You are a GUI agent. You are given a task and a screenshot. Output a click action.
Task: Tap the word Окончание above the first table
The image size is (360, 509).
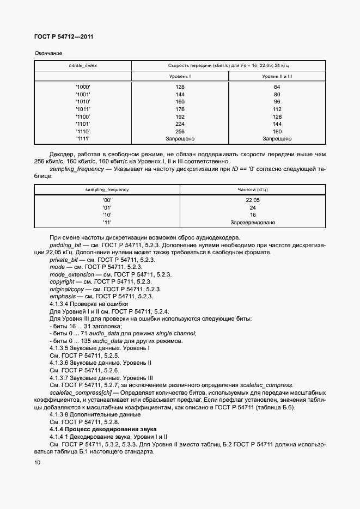tap(48, 53)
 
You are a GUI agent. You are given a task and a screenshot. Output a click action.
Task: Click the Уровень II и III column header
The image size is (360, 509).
tap(277, 77)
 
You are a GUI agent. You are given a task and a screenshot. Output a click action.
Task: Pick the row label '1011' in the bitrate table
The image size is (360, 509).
tap(83, 109)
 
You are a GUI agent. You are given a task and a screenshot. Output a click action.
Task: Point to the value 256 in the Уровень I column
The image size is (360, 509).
tap(180, 131)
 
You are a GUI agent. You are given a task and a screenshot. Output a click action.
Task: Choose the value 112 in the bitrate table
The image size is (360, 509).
tap(277, 109)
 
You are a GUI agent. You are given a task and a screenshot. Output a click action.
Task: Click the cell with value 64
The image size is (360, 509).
tap(277, 87)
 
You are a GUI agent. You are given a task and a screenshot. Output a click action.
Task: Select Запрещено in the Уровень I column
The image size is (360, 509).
tap(180, 139)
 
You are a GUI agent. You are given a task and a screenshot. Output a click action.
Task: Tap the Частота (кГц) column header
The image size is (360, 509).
tap(253, 189)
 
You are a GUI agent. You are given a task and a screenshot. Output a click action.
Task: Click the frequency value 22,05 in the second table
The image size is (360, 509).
tap(253, 200)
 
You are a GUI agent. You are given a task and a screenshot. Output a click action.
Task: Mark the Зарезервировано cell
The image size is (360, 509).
tap(253, 223)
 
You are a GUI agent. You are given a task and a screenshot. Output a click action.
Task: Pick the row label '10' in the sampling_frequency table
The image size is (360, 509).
tap(107, 215)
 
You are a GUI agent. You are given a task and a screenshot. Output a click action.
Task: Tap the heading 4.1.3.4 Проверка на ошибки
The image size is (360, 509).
tap(88, 304)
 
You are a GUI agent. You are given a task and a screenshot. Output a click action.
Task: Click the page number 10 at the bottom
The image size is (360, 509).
tap(37, 463)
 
